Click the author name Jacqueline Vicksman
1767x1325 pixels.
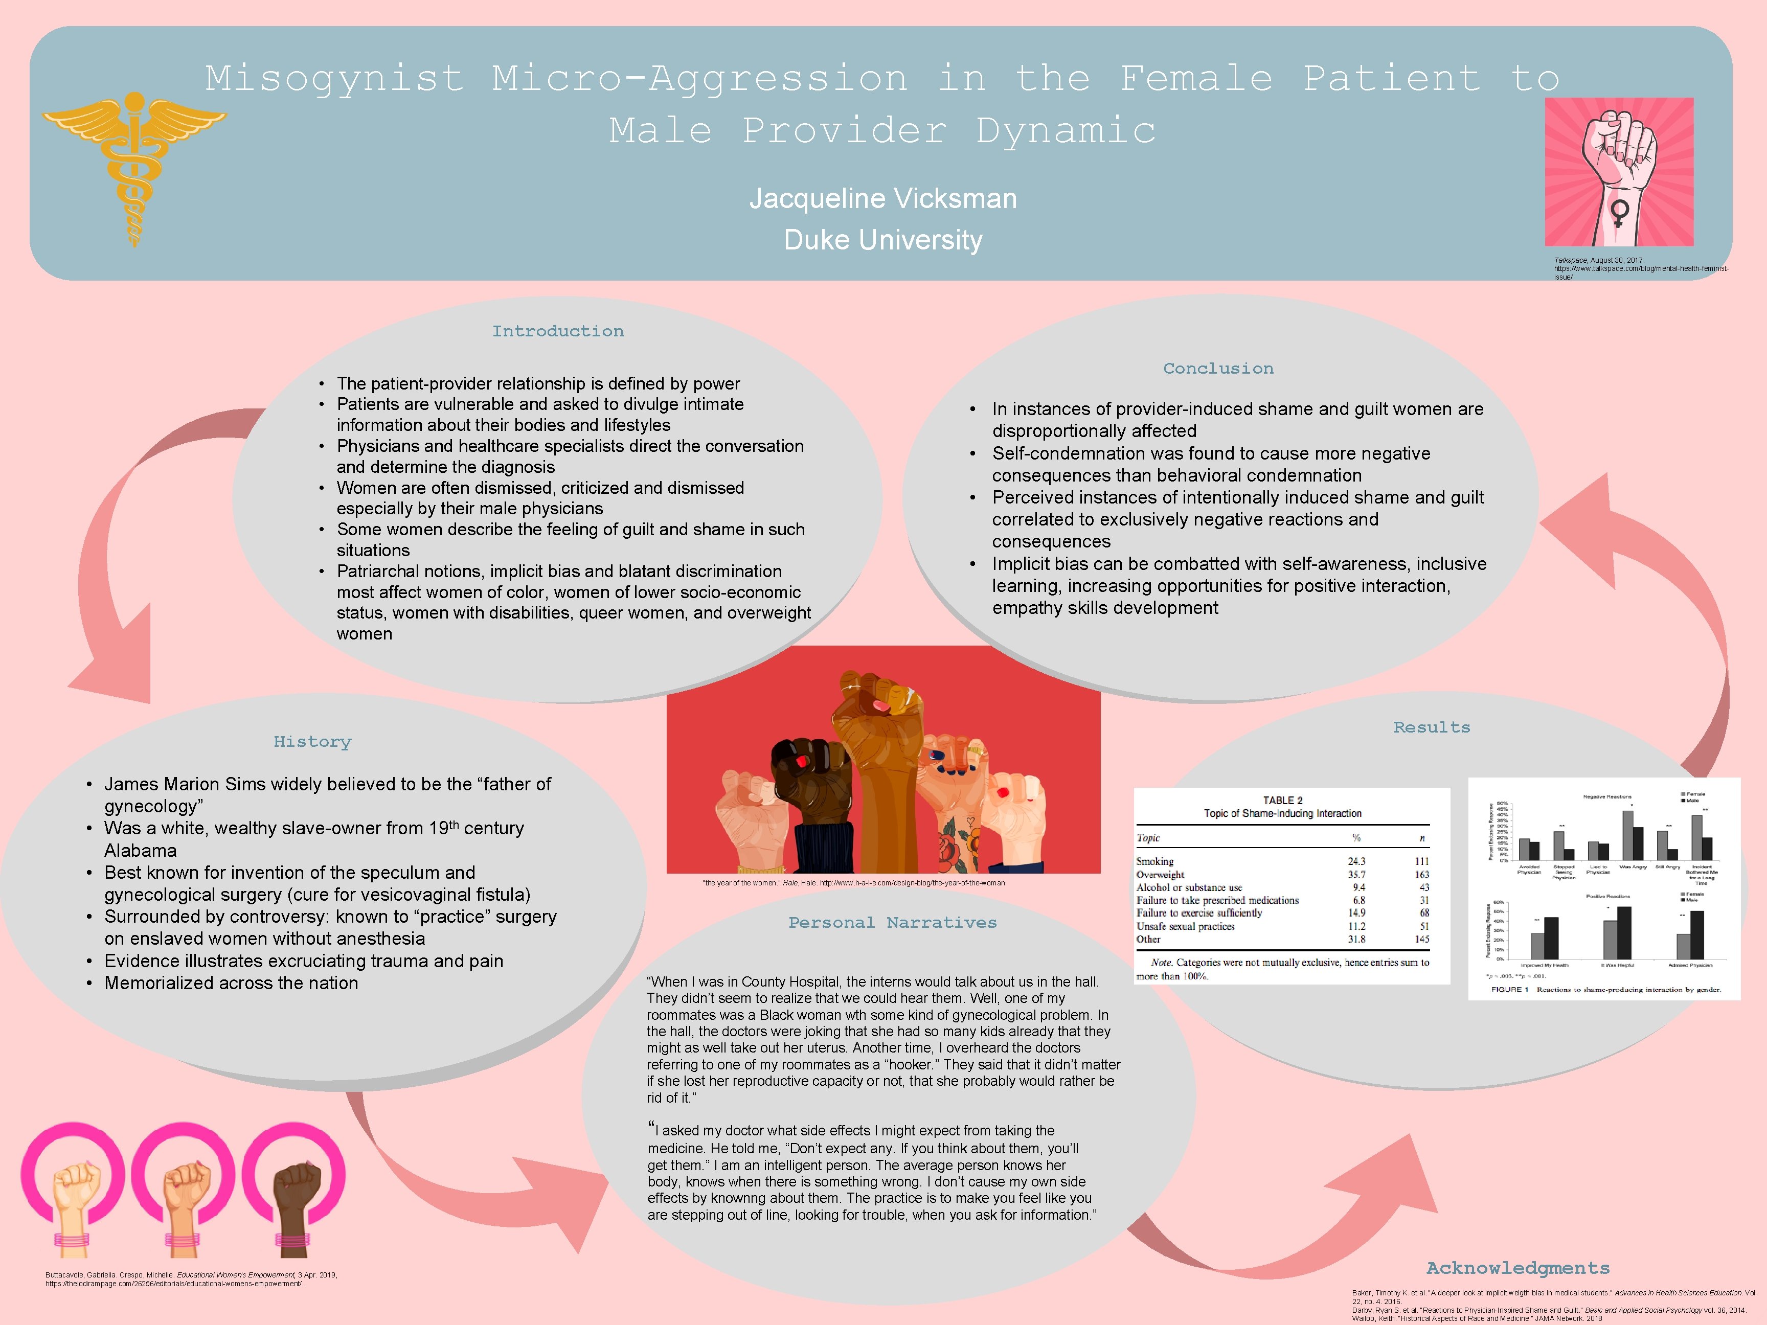(882, 198)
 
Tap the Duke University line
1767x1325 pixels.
(882, 240)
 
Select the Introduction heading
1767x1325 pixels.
(558, 331)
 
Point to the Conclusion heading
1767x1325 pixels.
(1218, 368)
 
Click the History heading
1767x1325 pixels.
(312, 742)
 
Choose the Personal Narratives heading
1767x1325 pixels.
(892, 923)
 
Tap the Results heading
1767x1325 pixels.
(1432, 727)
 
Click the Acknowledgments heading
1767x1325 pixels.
(1518, 1268)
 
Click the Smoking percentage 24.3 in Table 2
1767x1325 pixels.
(1356, 861)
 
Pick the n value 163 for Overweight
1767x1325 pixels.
(1422, 875)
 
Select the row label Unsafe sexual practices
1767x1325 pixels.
(1186, 926)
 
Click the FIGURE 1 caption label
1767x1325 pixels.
(1509, 990)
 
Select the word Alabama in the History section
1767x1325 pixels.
(141, 851)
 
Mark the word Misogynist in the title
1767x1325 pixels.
(334, 78)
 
